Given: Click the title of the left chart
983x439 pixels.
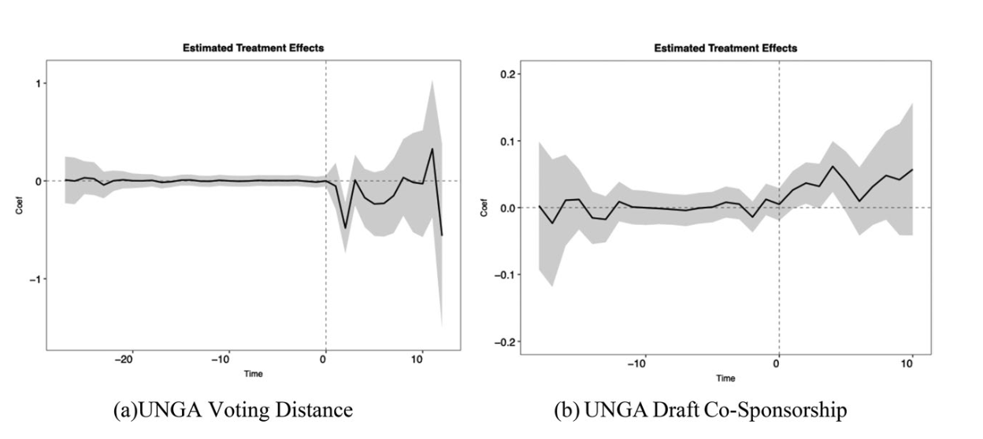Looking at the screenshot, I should (x=253, y=48).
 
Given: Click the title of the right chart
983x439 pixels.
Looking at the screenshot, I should (x=725, y=48).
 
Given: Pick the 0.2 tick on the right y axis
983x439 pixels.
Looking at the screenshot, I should (x=504, y=74).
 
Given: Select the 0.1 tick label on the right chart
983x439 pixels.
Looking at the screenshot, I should (x=504, y=141).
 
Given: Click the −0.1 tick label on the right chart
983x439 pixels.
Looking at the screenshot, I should (x=501, y=275).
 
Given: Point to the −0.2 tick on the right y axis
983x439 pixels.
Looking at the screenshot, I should (x=501, y=341).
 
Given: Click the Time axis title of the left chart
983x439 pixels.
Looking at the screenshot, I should (x=253, y=374).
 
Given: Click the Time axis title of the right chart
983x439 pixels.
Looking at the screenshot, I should (x=725, y=378).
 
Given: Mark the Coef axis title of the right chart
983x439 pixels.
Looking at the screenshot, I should (x=483, y=208).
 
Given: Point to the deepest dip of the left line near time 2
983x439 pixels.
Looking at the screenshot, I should (x=345, y=228).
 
